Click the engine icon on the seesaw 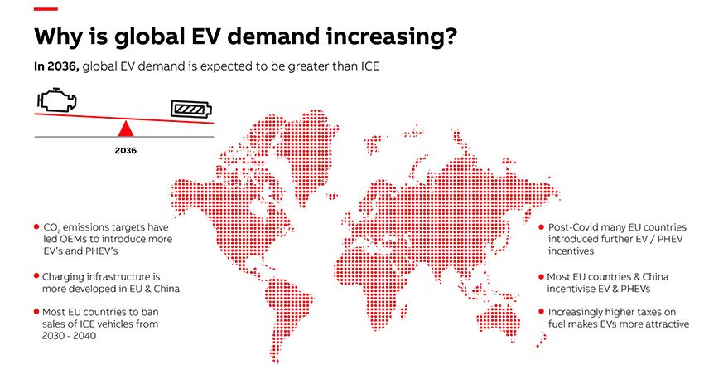(57, 100)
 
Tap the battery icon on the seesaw (190, 109)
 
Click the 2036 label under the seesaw (125, 151)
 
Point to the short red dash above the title (46, 9)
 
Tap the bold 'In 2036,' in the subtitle (57, 66)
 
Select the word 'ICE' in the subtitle (369, 66)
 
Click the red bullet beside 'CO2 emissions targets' (36, 226)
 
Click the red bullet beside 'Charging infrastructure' (36, 275)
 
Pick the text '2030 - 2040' (69, 336)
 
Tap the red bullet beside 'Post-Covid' (541, 227)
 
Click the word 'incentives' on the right (571, 251)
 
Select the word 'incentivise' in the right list (571, 289)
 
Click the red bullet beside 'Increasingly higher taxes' (541, 312)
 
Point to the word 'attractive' (665, 324)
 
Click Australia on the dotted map (498, 317)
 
